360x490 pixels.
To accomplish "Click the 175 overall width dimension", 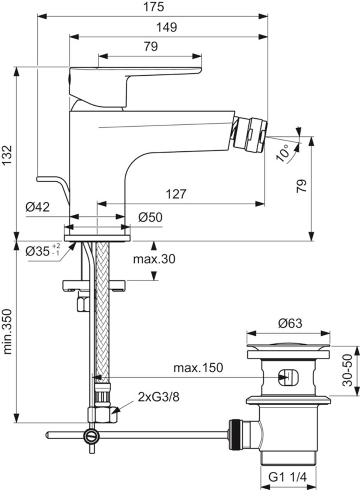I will (153, 7).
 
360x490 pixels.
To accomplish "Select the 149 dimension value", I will (167, 27).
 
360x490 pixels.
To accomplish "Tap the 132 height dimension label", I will (7, 155).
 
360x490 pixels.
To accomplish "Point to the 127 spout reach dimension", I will (176, 194).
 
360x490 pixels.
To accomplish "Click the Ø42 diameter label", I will (37, 207).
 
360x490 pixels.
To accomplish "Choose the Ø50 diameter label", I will (150, 217).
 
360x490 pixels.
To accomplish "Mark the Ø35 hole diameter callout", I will (42, 251).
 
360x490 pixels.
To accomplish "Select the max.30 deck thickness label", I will (154, 259).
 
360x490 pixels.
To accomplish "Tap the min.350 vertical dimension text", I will (7, 331).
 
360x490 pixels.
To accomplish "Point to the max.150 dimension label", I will (198, 367).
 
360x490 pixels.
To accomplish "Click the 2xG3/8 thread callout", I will (158, 397).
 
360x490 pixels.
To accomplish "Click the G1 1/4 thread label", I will (287, 477).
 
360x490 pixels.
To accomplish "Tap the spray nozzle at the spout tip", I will (250, 134).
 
